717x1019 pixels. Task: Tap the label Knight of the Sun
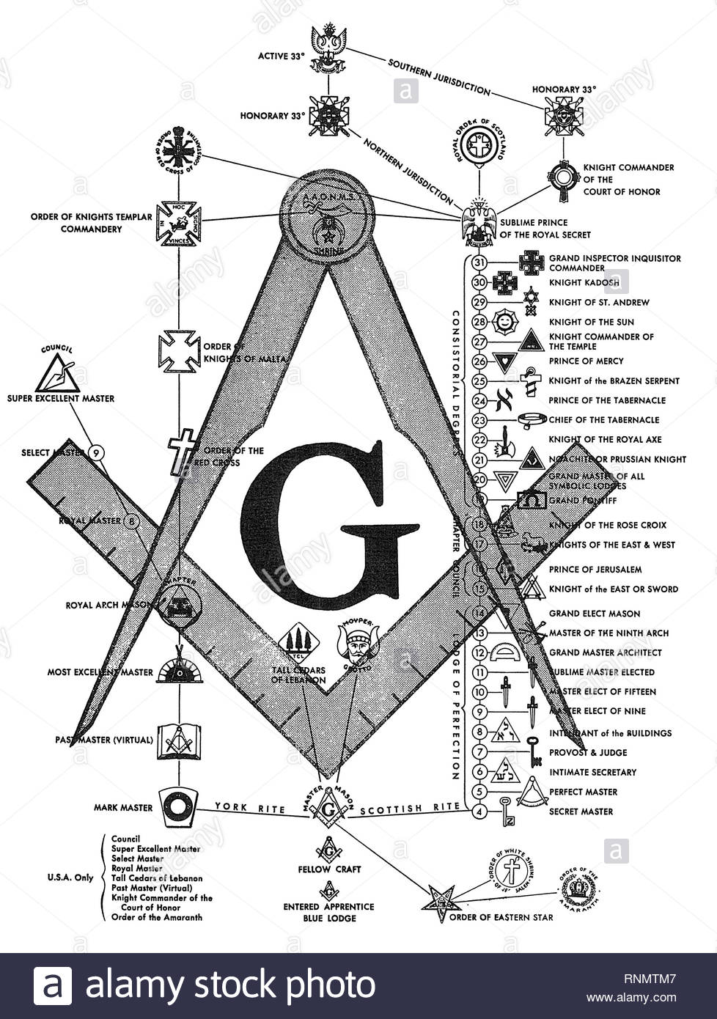[592, 322]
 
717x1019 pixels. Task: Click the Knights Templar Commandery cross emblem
[179, 221]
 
